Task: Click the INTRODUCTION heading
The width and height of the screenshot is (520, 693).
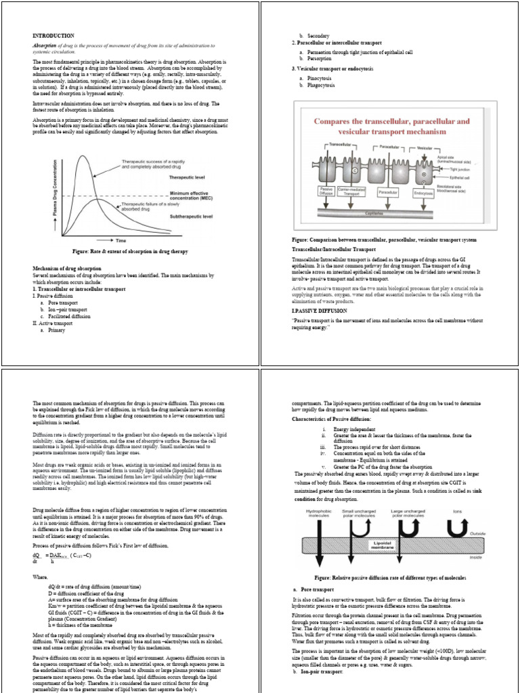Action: (54, 35)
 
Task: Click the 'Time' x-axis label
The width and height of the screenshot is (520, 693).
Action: (120, 240)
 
